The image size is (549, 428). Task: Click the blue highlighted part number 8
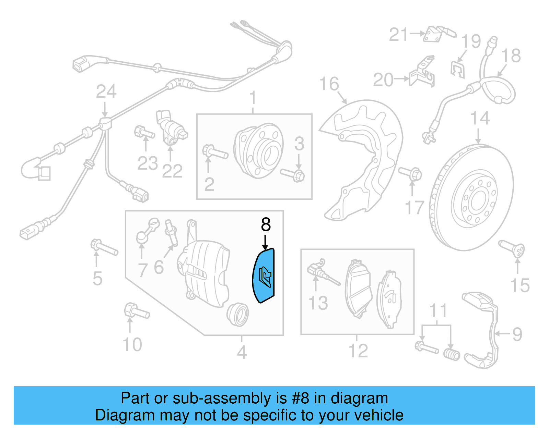(264, 276)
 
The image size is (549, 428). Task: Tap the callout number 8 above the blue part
(266, 225)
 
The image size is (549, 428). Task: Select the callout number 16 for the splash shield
(329, 84)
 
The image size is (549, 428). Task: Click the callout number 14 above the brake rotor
(479, 119)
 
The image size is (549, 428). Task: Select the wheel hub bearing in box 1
(258, 150)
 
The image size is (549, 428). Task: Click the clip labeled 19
(457, 70)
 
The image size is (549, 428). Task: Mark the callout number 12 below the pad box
(358, 351)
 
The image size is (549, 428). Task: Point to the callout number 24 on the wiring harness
(106, 92)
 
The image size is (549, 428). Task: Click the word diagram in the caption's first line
(359, 399)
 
